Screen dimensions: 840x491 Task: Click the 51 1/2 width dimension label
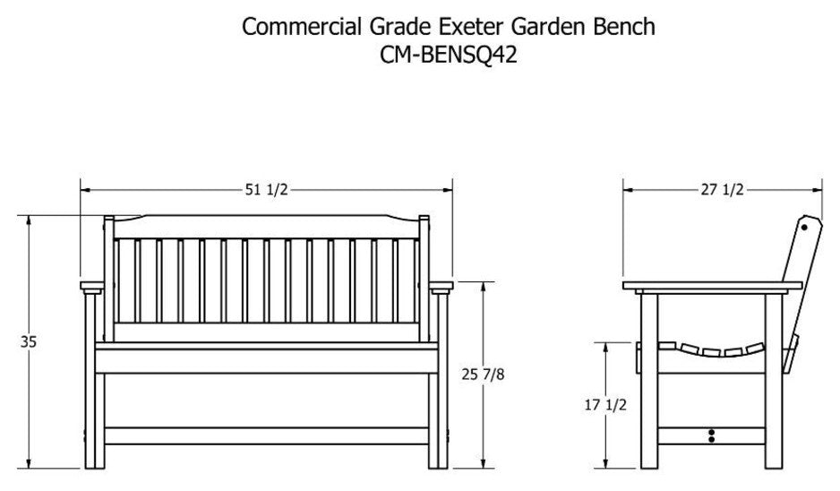pos(266,190)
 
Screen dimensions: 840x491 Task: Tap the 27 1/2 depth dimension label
pos(722,190)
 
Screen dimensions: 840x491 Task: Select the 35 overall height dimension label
pos(29,341)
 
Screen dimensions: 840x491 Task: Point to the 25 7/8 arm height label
pos(483,375)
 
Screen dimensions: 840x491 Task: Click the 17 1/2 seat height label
pos(605,405)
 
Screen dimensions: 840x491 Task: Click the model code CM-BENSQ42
pos(449,55)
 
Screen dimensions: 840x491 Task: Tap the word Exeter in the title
pos(472,27)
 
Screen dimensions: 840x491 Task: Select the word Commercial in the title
pos(302,27)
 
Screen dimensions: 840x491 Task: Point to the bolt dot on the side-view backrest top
pos(804,228)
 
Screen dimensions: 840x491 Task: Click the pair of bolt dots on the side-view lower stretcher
pos(711,435)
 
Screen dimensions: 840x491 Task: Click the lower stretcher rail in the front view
pos(266,435)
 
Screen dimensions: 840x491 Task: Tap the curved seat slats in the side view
pos(711,349)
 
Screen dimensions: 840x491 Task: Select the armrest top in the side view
pos(713,286)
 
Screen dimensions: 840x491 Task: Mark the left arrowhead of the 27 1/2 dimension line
pos(628,190)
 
